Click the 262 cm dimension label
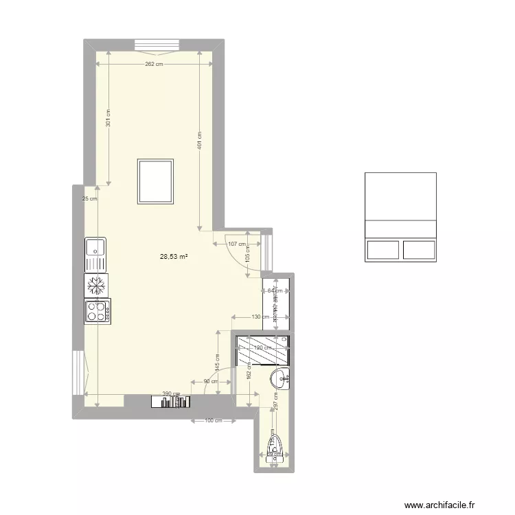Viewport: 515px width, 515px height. (x=154, y=64)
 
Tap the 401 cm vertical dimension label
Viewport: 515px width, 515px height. (x=199, y=142)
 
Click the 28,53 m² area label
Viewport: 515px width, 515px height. (x=174, y=257)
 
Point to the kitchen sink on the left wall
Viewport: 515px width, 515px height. (x=95, y=254)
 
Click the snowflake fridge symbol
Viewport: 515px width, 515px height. (x=96, y=285)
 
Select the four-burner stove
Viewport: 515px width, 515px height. (x=98, y=312)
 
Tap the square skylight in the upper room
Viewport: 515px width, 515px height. (x=156, y=181)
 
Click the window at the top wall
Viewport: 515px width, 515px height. (x=157, y=45)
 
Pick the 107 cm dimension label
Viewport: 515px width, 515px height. (x=236, y=244)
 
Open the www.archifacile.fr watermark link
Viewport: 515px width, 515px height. (x=439, y=505)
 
